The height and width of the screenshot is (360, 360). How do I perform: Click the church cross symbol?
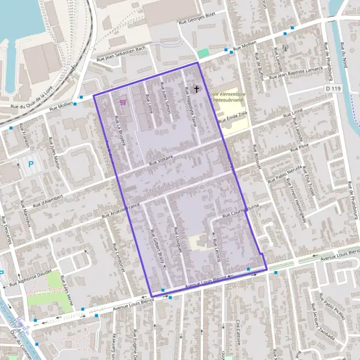tap(196, 89)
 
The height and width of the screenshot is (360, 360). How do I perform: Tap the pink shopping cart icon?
tap(123, 102)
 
